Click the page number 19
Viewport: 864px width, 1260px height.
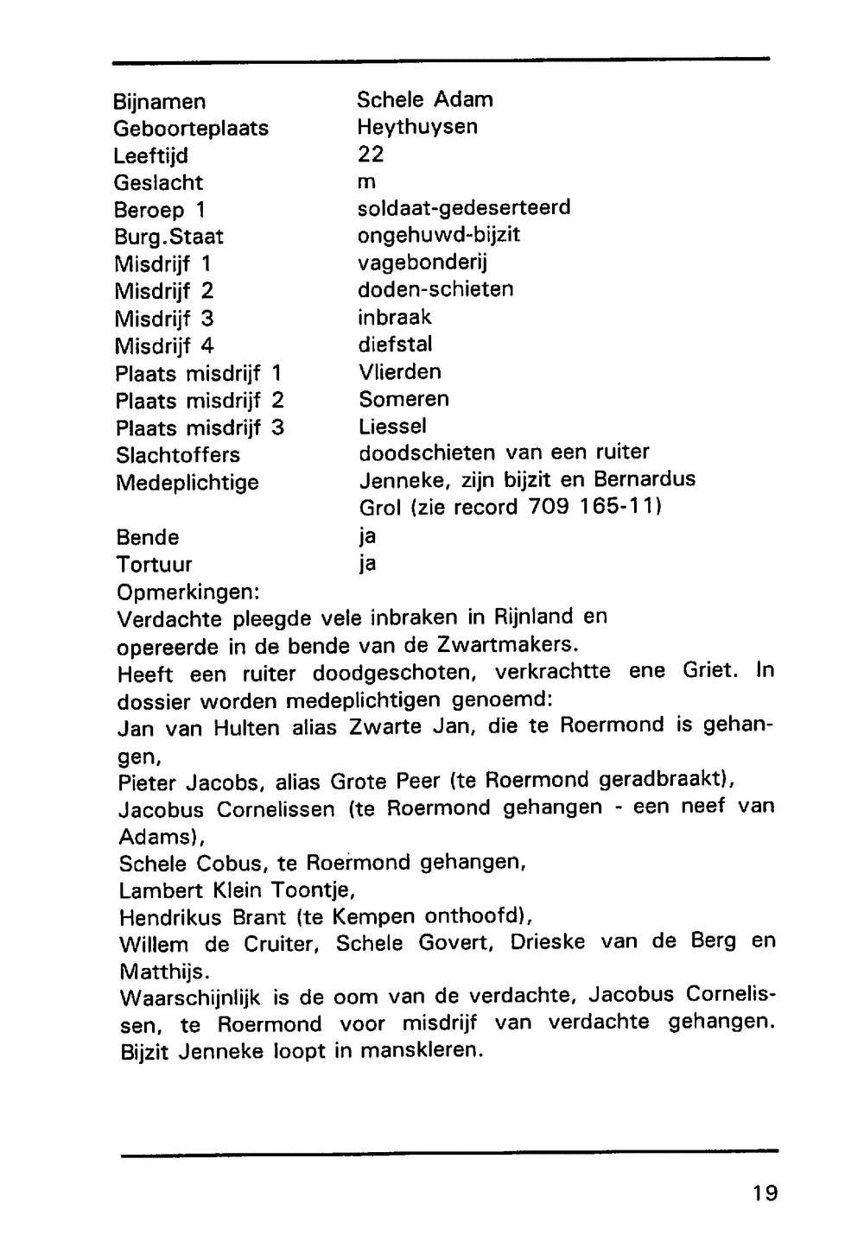point(765,1193)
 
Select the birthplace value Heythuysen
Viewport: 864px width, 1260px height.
point(417,127)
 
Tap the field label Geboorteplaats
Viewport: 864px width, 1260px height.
point(191,129)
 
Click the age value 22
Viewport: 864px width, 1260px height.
point(371,155)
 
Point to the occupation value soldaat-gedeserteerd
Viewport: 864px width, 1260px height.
point(464,208)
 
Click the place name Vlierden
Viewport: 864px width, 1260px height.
point(399,372)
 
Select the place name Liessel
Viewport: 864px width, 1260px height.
point(392,427)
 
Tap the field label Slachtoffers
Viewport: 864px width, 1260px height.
point(178,455)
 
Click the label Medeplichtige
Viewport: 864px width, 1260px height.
point(187,482)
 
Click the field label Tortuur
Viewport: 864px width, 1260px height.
point(154,565)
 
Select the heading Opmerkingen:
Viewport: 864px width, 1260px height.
point(188,592)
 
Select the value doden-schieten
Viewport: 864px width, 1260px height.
point(435,289)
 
